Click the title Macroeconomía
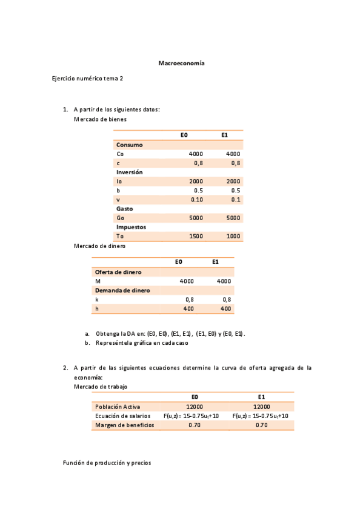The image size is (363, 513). [181, 63]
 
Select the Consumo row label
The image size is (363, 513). [129, 145]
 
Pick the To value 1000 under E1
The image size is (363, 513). [233, 236]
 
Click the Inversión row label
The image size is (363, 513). [129, 172]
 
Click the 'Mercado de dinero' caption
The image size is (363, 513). [99, 246]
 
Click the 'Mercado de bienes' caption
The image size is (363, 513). [100, 119]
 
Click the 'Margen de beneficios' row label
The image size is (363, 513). [124, 425]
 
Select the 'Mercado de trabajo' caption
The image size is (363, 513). [101, 386]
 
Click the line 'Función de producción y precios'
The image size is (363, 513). [107, 463]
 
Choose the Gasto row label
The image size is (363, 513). [125, 209]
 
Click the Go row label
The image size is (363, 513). [120, 218]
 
